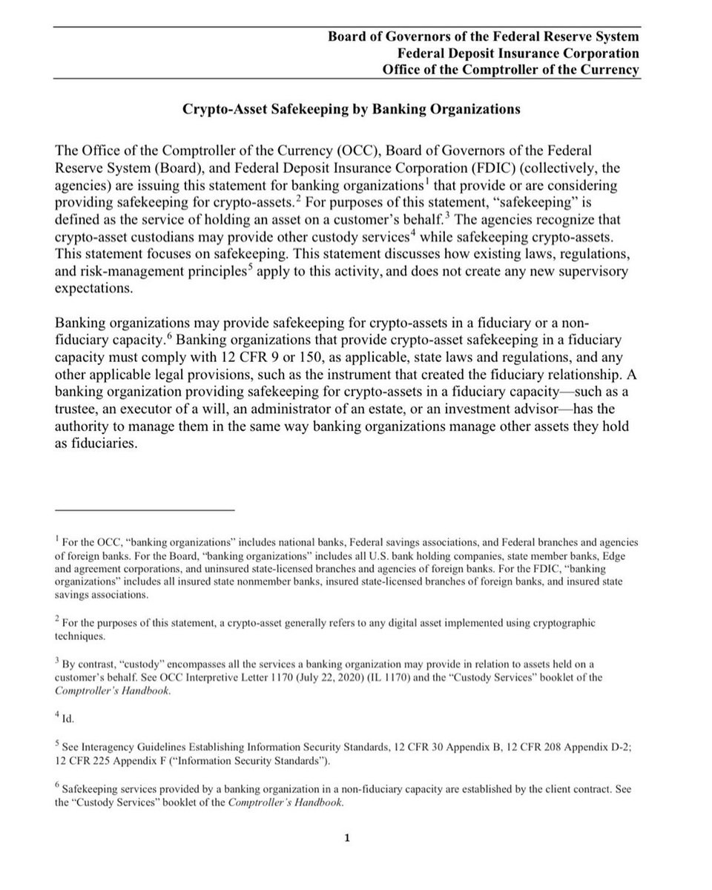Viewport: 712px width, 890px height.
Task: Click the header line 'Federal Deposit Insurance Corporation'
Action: tap(518, 53)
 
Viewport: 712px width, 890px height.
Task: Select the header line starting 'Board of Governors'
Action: tap(484, 36)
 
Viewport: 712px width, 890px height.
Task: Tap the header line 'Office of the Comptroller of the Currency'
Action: tap(510, 70)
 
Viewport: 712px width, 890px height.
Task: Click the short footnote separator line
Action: tap(145, 510)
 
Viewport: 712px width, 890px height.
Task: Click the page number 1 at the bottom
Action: tap(346, 839)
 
